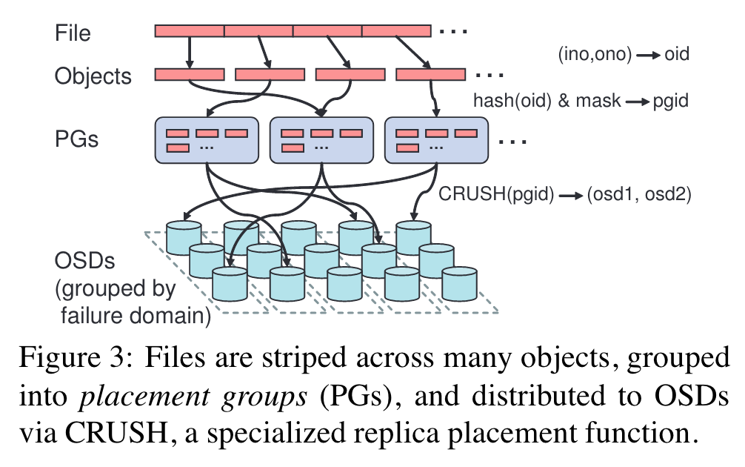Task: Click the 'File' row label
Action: (73, 33)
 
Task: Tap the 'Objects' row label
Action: (93, 76)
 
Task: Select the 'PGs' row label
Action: (76, 139)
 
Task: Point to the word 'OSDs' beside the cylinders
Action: (84, 261)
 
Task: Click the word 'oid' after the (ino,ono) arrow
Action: (677, 54)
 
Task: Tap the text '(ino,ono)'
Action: (595, 54)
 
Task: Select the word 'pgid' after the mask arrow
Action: (670, 101)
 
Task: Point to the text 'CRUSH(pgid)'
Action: (496, 194)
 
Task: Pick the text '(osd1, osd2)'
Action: (639, 194)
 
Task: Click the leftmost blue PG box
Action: (207, 140)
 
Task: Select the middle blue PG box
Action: (321, 140)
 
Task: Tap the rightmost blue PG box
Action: (436, 140)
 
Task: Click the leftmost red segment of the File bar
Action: (190, 31)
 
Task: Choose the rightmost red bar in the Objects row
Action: (430, 75)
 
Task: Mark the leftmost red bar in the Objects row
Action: (190, 75)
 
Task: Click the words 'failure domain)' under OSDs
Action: (136, 316)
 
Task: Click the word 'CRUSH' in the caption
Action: (116, 433)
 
